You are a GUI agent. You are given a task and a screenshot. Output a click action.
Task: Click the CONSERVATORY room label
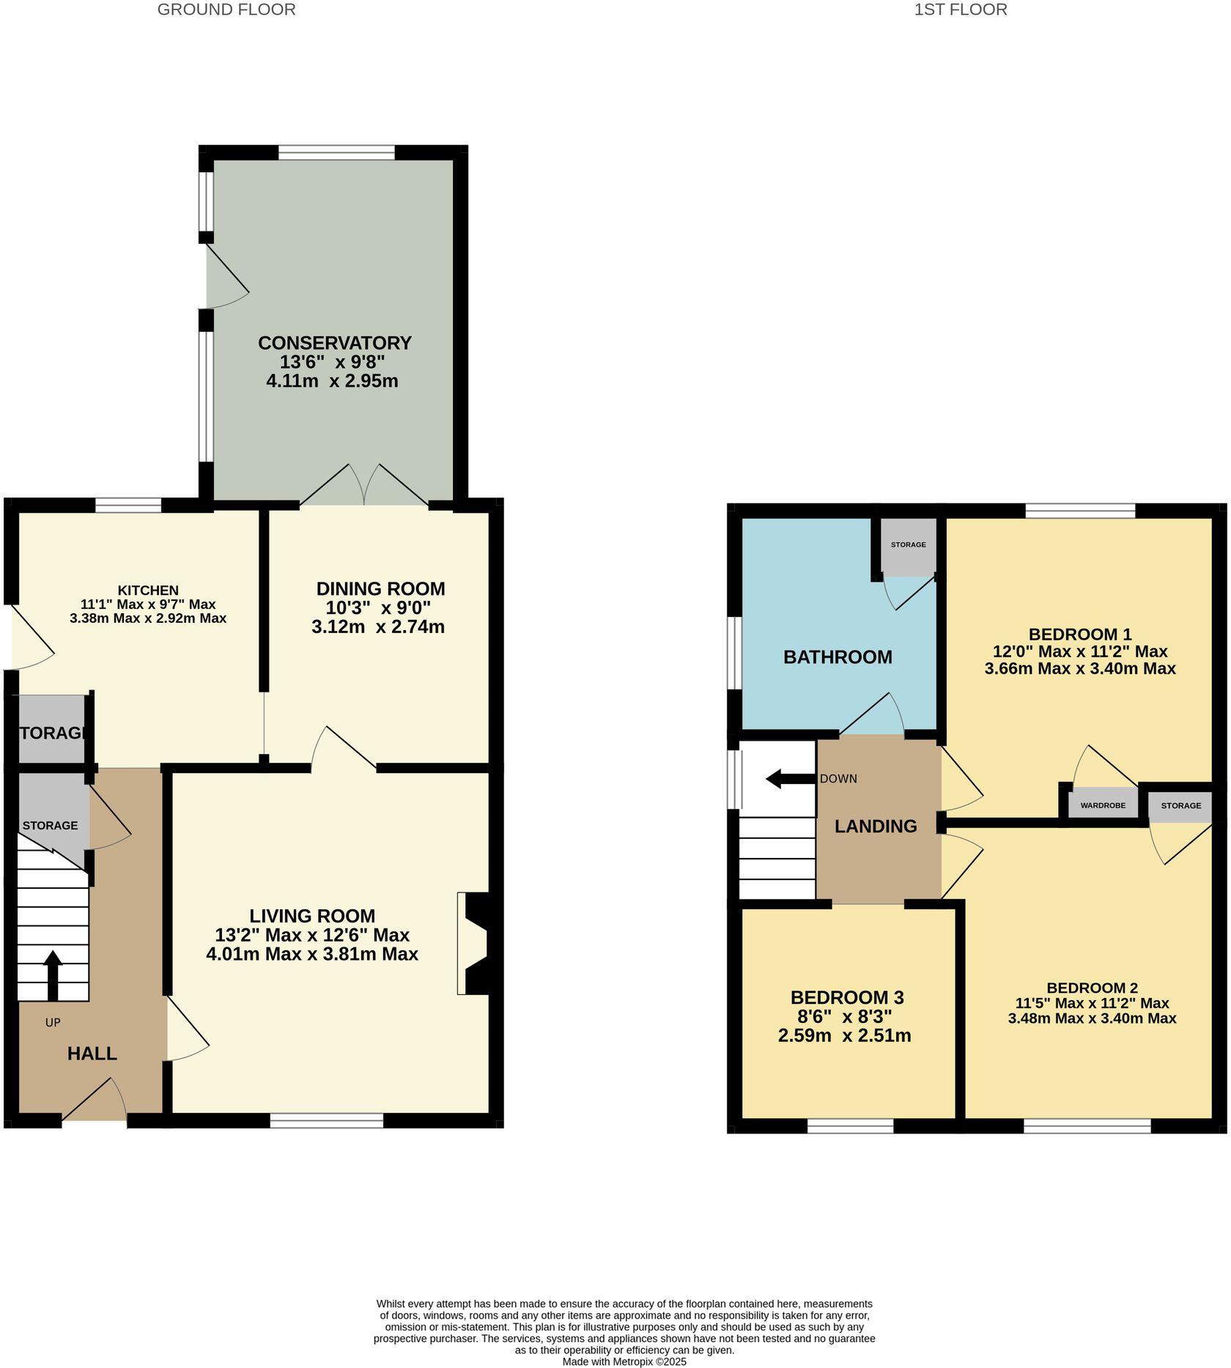[335, 343]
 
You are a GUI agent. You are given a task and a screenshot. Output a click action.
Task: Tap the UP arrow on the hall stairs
[53, 975]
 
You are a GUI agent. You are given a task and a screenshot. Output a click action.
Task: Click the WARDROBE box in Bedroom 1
[1102, 805]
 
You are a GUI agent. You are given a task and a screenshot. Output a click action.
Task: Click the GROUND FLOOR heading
[226, 10]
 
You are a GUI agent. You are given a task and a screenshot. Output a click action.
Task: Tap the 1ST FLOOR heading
[960, 10]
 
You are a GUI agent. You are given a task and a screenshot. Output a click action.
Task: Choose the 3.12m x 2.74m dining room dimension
[378, 626]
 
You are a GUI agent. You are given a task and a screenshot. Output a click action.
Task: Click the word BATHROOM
[838, 657]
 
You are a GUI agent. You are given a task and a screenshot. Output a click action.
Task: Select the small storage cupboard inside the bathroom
[908, 547]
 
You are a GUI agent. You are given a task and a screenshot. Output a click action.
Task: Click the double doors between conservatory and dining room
[364, 485]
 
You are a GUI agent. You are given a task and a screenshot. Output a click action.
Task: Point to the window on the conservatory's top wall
[336, 152]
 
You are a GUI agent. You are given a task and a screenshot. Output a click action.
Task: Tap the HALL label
[92, 1054]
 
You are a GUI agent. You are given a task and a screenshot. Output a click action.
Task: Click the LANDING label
[876, 826]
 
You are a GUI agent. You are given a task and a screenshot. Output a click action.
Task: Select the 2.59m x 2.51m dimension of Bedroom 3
[844, 1035]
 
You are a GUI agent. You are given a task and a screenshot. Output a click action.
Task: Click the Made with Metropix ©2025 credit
[624, 1361]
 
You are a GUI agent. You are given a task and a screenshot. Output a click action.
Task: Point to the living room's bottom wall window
[327, 1120]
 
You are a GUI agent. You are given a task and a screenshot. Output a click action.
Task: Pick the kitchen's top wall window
[128, 505]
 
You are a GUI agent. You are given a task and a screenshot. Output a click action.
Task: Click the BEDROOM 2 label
[1092, 988]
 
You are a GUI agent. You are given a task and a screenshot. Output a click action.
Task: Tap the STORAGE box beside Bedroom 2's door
[1180, 805]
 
